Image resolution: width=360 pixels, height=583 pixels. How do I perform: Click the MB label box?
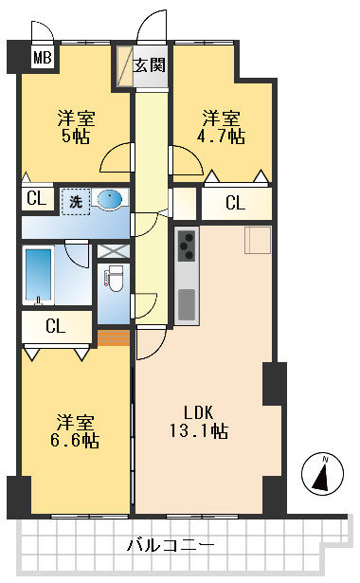42,59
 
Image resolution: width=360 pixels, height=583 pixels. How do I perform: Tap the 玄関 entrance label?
150,65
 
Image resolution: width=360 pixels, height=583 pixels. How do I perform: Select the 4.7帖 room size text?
224,136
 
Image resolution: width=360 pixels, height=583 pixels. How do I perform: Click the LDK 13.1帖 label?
205,422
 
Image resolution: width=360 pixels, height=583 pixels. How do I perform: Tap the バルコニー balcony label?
171,546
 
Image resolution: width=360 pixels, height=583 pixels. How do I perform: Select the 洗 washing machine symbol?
73,200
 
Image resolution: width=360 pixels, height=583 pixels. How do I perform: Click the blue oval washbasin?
111,199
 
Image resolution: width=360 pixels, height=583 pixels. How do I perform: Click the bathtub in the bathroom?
39,275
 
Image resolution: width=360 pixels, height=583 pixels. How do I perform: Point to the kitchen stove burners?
187,246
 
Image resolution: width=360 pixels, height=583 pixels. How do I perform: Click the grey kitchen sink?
187,302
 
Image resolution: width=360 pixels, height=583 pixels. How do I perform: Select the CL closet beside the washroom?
36,199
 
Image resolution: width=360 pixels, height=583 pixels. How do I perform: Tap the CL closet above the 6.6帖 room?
56,327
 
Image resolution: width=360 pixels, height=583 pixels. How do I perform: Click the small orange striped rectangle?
113,337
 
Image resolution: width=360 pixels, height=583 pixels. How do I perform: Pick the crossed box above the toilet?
113,252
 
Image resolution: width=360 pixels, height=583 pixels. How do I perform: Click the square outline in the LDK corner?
258,241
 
